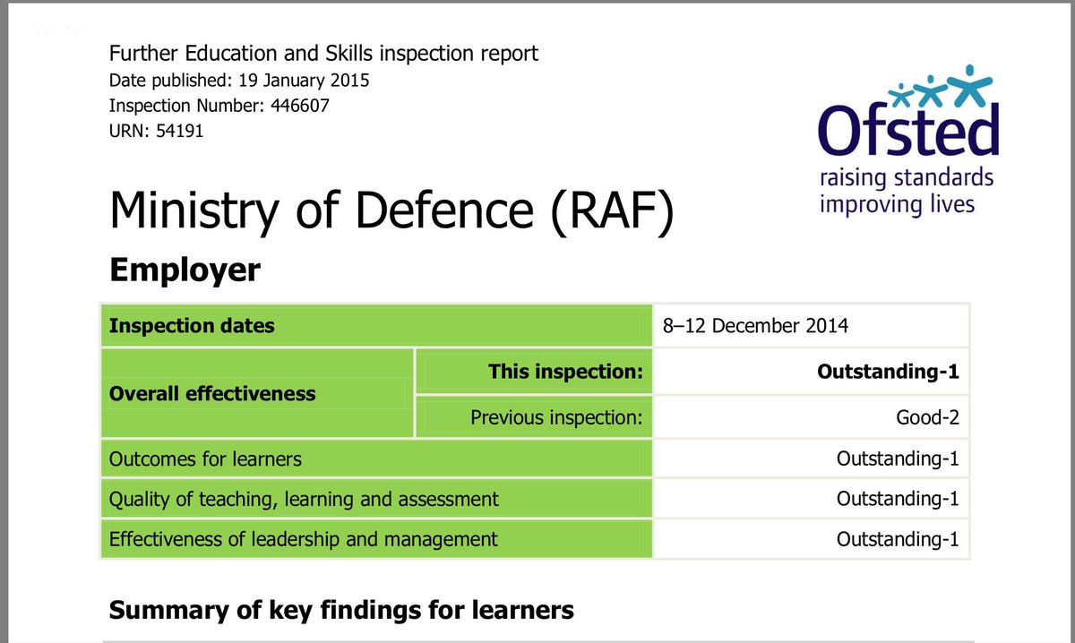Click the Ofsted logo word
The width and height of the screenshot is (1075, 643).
click(x=907, y=131)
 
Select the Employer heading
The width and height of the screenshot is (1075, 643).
click(x=185, y=269)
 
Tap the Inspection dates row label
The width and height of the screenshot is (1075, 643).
click(x=192, y=325)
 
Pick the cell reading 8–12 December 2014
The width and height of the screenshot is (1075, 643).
click(x=755, y=325)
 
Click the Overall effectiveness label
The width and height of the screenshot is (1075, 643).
click(x=212, y=393)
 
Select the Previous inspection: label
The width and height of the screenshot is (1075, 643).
click(x=556, y=416)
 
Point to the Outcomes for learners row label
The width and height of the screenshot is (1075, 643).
click(x=205, y=459)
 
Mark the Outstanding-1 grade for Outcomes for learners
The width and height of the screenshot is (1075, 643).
click(x=897, y=459)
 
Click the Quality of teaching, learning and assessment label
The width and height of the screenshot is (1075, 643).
click(x=304, y=498)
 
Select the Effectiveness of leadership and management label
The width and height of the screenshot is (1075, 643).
click(x=303, y=539)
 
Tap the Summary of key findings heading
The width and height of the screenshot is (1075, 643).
click(x=341, y=611)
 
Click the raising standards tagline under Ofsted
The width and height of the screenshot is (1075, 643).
click(x=907, y=177)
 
